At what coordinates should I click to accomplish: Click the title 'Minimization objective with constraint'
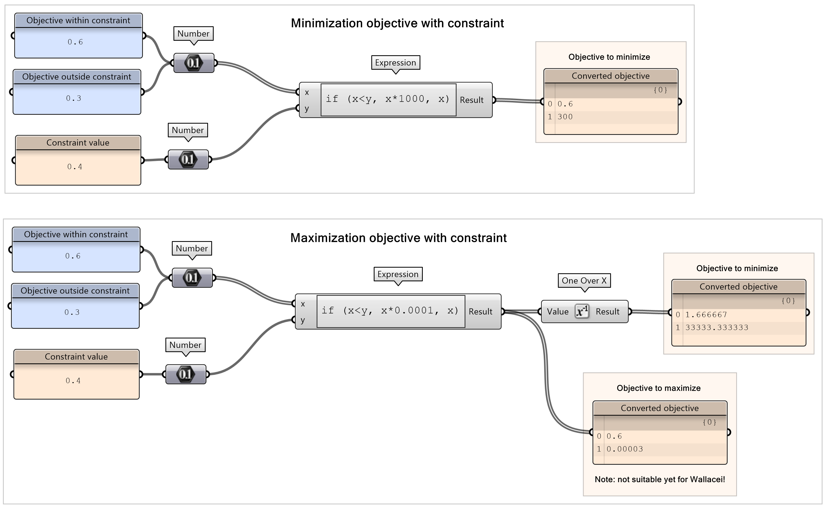pyautogui.click(x=397, y=23)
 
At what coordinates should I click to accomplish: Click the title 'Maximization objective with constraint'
pyautogui.click(x=398, y=238)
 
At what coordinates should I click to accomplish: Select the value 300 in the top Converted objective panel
pyautogui.click(x=565, y=117)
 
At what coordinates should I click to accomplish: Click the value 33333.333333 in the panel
pyautogui.click(x=717, y=327)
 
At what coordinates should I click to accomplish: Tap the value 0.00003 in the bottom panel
pyautogui.click(x=625, y=449)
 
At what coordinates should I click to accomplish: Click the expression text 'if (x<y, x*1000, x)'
pyautogui.click(x=388, y=99)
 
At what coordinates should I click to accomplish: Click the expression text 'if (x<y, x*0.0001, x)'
pyautogui.click(x=390, y=310)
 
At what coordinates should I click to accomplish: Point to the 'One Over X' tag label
pyautogui.click(x=584, y=281)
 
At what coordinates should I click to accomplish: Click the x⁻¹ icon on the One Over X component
pyautogui.click(x=582, y=311)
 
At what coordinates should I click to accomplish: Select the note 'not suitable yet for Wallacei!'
pyautogui.click(x=660, y=480)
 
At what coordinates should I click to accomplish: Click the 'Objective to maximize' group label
pyautogui.click(x=658, y=388)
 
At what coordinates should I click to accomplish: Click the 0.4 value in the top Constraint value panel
pyautogui.click(x=75, y=167)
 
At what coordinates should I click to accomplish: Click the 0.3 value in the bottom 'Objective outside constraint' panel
pyautogui.click(x=72, y=312)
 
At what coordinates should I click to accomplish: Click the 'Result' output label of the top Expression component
pyautogui.click(x=472, y=100)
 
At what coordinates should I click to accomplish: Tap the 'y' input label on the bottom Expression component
pyautogui.click(x=303, y=320)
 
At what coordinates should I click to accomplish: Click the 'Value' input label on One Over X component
pyautogui.click(x=558, y=312)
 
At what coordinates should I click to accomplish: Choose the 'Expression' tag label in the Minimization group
pyautogui.click(x=395, y=62)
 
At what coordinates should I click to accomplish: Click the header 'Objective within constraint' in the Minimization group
pyautogui.click(x=78, y=21)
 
